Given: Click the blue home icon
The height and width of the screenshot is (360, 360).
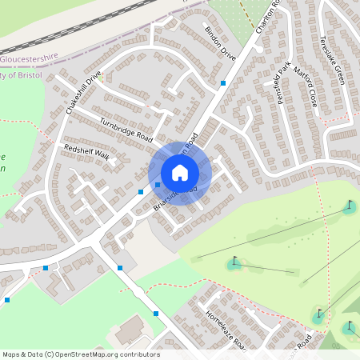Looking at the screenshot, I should tap(180, 172).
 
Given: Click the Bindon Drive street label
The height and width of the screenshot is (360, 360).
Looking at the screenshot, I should tap(220, 44).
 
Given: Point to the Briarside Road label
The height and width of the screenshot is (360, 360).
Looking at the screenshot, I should tap(175, 199).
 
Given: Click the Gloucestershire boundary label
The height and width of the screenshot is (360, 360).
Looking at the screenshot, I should tap(30, 58).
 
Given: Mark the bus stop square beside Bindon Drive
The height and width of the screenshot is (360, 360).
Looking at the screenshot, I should tap(222, 82).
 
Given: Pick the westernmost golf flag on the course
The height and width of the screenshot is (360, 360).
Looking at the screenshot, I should tap(234, 261).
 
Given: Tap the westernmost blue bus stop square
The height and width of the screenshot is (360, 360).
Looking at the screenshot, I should tap(7, 300).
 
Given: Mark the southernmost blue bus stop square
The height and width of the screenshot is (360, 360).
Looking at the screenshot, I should tap(156, 314).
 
